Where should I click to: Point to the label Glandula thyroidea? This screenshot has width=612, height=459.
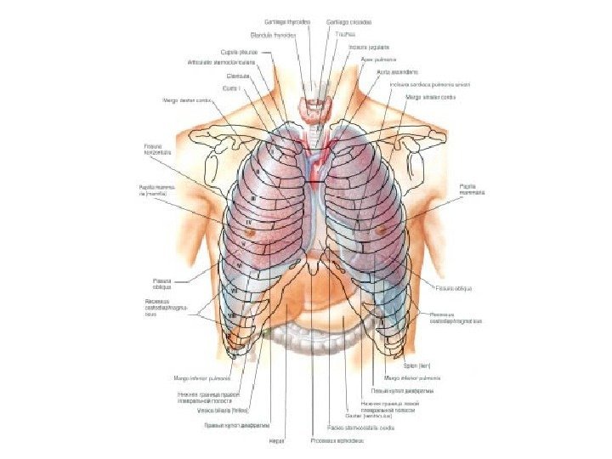273,35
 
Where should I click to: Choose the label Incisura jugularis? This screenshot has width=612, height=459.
369,47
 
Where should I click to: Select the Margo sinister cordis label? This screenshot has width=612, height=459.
430,97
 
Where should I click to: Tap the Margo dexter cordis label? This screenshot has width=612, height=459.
185,100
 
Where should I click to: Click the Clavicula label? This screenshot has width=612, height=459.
225,75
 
